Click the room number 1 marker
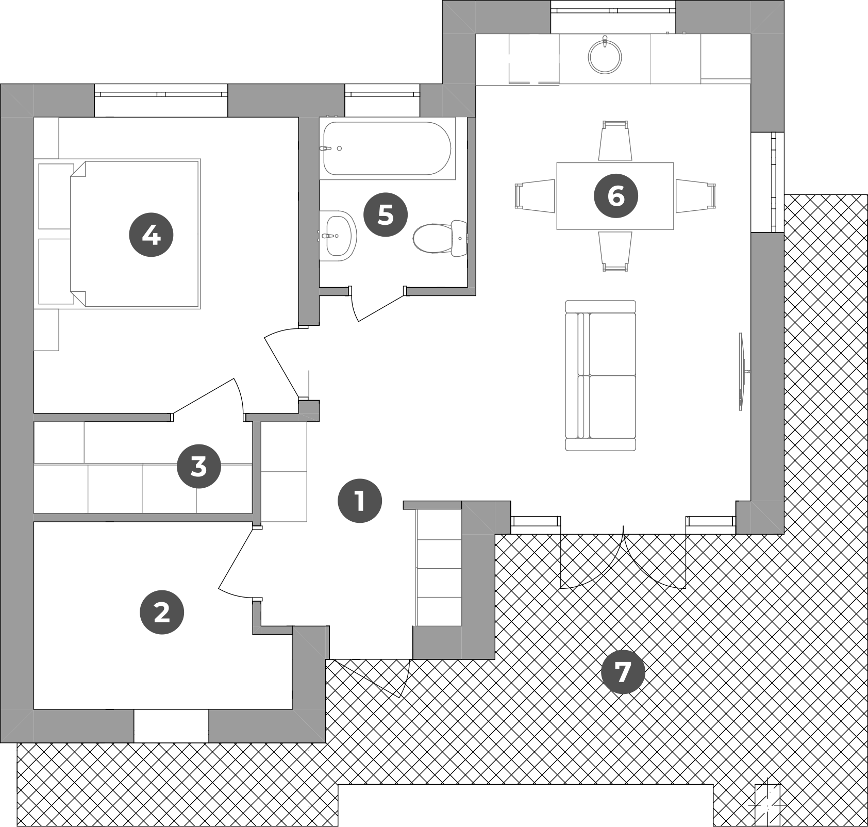coord(360,501)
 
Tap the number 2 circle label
coord(162,612)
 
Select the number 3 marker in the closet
coord(199,467)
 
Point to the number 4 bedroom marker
coord(151,235)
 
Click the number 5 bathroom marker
coord(386,214)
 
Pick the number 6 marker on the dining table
coord(616,196)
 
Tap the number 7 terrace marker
coord(623,672)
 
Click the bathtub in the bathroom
coord(387,148)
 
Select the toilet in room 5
coord(440,238)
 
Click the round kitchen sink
coord(605,56)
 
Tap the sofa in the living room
coord(600,375)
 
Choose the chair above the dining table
coord(615,141)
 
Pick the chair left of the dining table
coord(535,196)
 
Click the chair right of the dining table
coord(696,196)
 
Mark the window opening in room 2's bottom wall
coord(171,726)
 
